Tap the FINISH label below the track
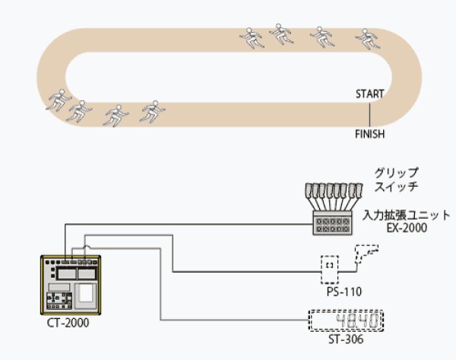click(370, 134)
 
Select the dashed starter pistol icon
click(367, 254)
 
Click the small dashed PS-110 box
click(330, 267)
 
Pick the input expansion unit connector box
click(331, 226)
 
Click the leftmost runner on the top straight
click(252, 37)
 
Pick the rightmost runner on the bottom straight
click(153, 110)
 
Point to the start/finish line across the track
click(370, 113)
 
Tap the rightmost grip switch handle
click(353, 190)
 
